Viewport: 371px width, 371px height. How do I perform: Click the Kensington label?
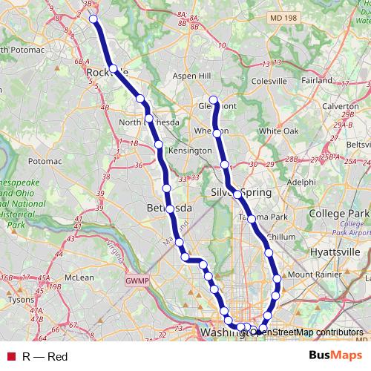(x=190, y=150)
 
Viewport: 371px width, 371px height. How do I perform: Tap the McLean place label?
(x=79, y=278)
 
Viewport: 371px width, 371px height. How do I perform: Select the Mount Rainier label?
(x=312, y=275)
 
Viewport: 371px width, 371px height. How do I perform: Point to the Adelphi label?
(x=301, y=181)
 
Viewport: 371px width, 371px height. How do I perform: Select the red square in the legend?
(x=11, y=357)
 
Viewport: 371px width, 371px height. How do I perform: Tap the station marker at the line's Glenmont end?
(x=214, y=100)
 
